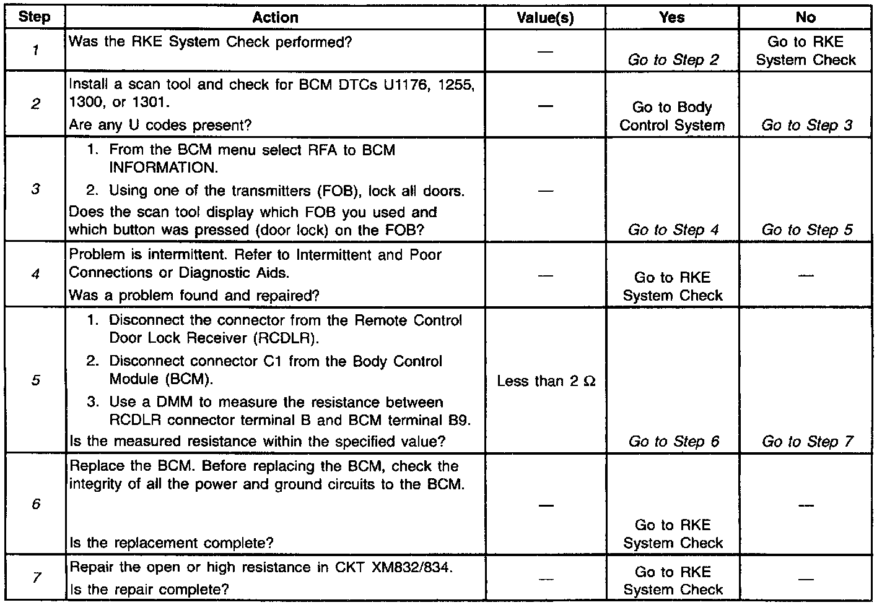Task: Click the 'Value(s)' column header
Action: (x=545, y=18)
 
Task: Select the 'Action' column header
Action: (x=275, y=18)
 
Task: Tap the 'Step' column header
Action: (x=35, y=17)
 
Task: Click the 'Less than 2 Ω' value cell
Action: (x=546, y=381)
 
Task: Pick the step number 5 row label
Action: (x=35, y=380)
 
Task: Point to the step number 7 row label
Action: (x=36, y=578)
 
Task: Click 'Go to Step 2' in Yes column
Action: (x=673, y=60)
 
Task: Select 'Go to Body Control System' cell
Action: (x=672, y=116)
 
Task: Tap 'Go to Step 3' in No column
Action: (x=807, y=125)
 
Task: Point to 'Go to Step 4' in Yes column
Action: (x=673, y=230)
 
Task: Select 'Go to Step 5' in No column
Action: (x=807, y=230)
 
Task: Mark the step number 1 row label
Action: (x=35, y=51)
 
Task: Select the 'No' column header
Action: (x=806, y=18)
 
